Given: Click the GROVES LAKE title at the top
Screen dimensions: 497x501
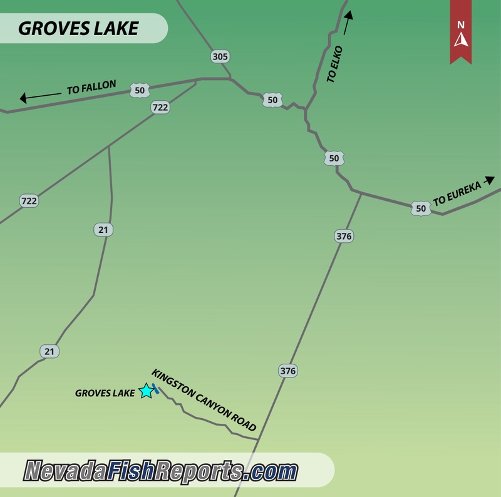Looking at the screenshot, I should point(78,28).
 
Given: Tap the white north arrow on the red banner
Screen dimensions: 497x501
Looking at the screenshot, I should point(461,40).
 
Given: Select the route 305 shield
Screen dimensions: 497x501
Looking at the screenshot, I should point(220,57).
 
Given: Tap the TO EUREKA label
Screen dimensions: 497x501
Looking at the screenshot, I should point(457,193).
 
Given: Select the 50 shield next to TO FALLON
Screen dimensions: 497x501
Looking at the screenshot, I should point(140,91).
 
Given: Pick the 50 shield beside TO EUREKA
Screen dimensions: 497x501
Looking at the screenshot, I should point(420,208).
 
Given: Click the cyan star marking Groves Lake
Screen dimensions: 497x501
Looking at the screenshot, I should point(146,391).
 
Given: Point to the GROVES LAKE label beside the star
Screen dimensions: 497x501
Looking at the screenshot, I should point(105,393).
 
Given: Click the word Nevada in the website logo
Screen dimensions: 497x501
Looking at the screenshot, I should point(66,471).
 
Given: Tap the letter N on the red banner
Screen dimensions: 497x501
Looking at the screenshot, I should point(461,25).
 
